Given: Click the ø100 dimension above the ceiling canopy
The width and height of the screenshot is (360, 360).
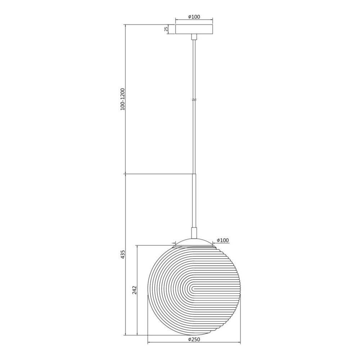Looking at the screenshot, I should pos(194,17).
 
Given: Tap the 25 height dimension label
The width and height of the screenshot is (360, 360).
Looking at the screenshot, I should pos(167,29).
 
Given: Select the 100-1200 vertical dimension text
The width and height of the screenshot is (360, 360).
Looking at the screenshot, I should pos(122,99).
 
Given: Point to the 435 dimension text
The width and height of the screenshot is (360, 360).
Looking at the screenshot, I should pos(123,255).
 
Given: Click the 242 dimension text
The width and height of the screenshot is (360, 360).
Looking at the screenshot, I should pos(135,290).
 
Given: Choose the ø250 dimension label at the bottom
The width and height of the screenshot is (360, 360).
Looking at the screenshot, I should pos(194,339).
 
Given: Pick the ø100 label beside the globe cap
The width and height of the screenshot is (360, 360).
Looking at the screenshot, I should pos(223,240).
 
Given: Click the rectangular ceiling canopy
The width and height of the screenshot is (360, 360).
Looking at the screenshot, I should pos(194,29).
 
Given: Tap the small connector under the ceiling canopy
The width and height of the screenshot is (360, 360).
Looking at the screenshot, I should pos(194,37).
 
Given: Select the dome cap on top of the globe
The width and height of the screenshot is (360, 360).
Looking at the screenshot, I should pos(194,242).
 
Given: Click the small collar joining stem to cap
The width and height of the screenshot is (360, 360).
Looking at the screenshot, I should pos(194,233).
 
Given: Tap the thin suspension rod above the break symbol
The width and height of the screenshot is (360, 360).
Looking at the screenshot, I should pos(194,68).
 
